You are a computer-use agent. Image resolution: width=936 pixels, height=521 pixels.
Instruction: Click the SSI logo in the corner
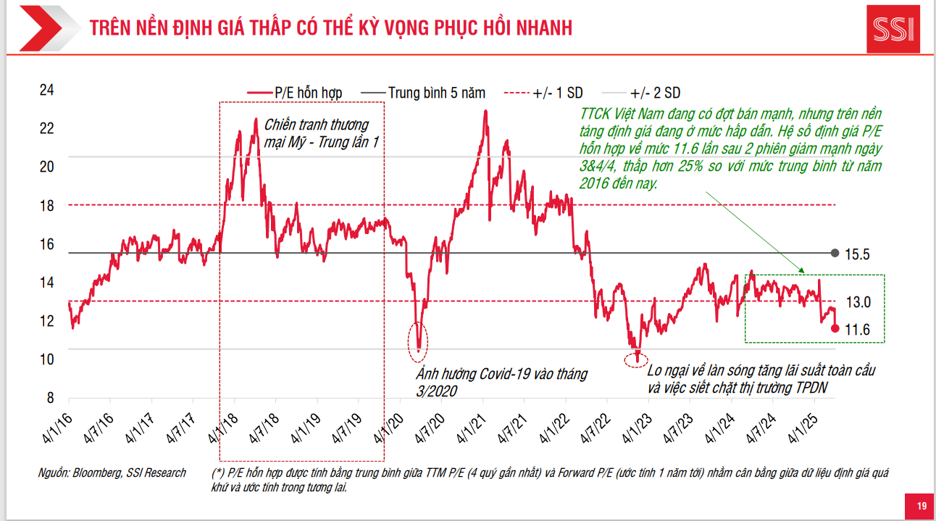pos(893,30)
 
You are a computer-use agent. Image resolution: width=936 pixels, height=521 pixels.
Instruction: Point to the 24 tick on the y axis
pos(47,90)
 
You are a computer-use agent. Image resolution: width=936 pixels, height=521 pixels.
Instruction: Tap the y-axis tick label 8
pos(50,398)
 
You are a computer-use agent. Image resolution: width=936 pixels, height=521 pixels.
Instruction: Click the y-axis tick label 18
pos(47,205)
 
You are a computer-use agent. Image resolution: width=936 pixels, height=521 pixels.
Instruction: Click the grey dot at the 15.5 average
pos(835,253)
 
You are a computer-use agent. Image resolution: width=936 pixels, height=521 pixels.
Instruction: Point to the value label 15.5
pos(857,254)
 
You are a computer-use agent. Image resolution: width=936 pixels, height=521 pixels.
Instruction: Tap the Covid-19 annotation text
pos(501,382)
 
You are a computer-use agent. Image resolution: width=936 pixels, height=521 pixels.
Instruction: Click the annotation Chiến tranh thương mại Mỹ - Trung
pos(321,133)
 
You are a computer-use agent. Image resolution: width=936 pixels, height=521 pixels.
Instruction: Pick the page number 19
pos(922,506)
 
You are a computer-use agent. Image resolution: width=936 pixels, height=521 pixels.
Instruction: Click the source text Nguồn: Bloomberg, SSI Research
pos(112,473)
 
